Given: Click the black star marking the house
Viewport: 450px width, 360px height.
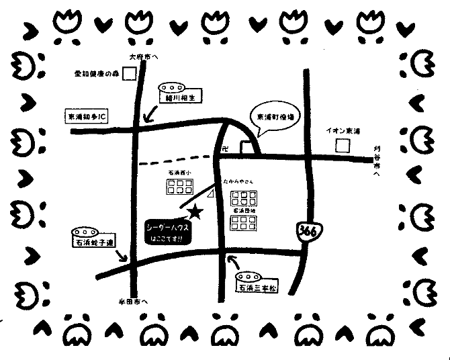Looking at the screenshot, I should point(195,212).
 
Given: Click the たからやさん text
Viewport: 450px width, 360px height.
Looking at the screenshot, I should point(238,181).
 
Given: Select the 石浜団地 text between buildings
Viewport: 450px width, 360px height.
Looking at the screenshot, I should point(240,210).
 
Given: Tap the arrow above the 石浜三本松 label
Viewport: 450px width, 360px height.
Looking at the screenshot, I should point(233,261).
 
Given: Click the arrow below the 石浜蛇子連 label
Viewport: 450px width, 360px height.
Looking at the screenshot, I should point(122,257).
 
